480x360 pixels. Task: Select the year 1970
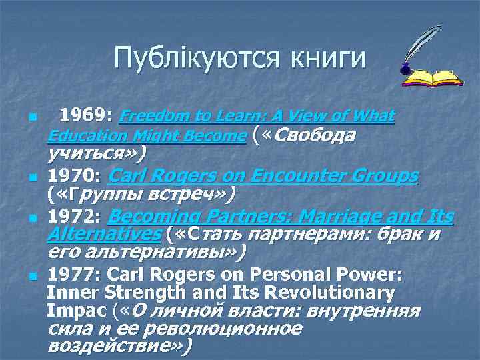click(x=75, y=177)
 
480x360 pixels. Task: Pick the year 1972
click(x=75, y=217)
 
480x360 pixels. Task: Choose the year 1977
click(x=75, y=275)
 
